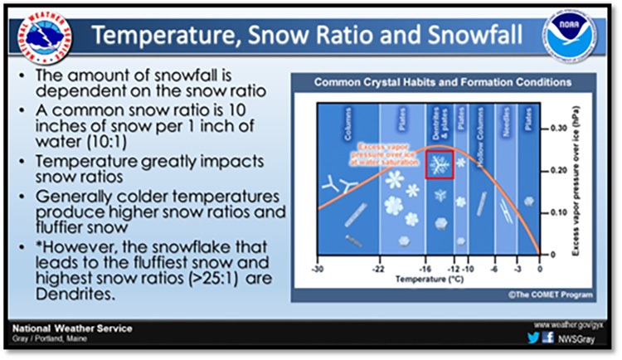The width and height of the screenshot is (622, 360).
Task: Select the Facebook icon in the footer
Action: pos(547,338)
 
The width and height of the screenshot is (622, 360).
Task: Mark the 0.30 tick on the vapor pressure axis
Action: pos(556,130)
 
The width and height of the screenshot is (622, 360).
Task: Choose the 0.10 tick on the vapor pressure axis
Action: pos(556,212)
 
